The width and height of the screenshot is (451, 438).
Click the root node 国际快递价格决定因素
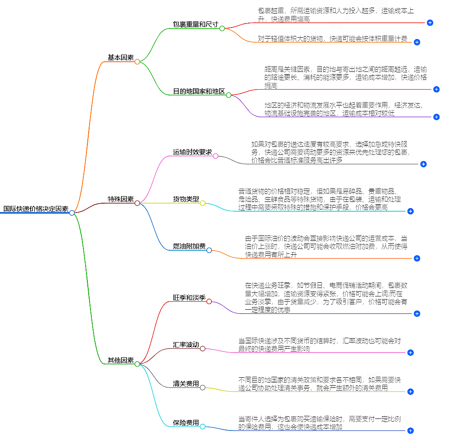35,209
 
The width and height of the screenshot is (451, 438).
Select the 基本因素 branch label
120,58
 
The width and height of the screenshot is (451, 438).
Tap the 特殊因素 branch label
120,199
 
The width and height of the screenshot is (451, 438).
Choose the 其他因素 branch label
120,360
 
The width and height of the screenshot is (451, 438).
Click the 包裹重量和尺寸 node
196,24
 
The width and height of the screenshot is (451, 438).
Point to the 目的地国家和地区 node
199,92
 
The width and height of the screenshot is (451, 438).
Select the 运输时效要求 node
192,152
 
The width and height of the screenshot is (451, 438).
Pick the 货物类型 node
186,199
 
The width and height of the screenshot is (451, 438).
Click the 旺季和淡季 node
189,297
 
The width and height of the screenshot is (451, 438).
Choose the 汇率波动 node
186,345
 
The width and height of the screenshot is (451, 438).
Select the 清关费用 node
186,384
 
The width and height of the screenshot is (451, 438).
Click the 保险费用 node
186,423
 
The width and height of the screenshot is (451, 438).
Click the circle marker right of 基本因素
137,62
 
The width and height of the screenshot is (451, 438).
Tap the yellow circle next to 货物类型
203,203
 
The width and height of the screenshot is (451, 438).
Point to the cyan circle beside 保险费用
203,427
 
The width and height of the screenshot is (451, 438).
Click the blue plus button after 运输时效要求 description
423,164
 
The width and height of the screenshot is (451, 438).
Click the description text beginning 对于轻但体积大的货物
333,39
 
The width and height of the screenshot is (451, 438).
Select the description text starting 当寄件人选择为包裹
319,423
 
